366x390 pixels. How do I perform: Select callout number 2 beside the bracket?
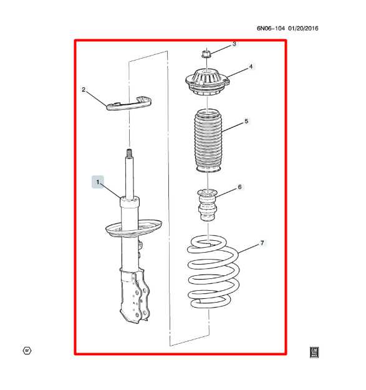(x=84, y=90)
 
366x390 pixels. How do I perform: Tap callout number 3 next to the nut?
(x=234, y=44)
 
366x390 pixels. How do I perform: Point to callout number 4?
(x=251, y=66)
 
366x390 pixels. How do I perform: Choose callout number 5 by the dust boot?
(x=246, y=121)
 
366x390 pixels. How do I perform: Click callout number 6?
(x=239, y=187)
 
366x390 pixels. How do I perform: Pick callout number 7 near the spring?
(x=262, y=242)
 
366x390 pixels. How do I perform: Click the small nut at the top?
(x=208, y=54)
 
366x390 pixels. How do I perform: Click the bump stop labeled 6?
(x=207, y=204)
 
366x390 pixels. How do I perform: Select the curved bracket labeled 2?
(x=131, y=104)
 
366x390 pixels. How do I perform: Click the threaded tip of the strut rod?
(x=130, y=154)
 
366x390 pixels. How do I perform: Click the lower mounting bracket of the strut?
(x=134, y=296)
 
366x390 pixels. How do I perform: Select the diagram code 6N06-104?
(x=272, y=28)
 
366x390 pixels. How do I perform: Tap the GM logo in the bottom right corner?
(x=314, y=352)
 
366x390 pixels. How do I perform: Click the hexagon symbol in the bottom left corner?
(x=27, y=351)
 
